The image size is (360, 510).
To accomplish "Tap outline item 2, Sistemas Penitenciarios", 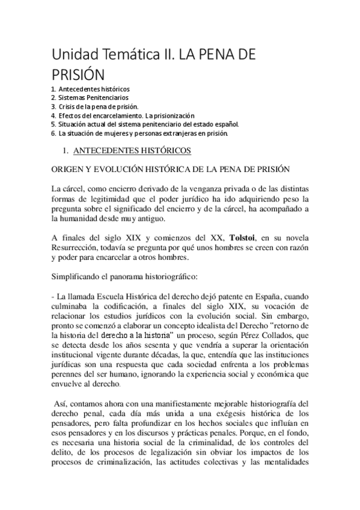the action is click(90, 97).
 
